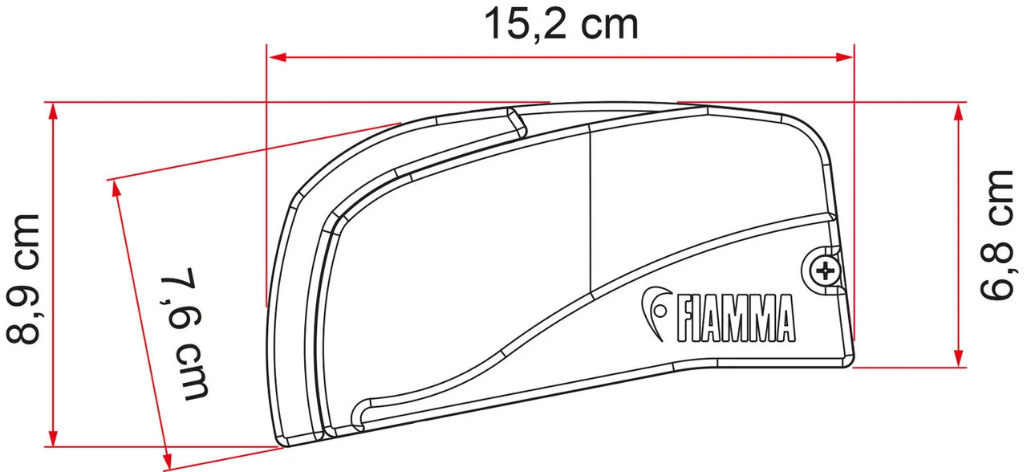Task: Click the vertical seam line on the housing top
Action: [x=590, y=209]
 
